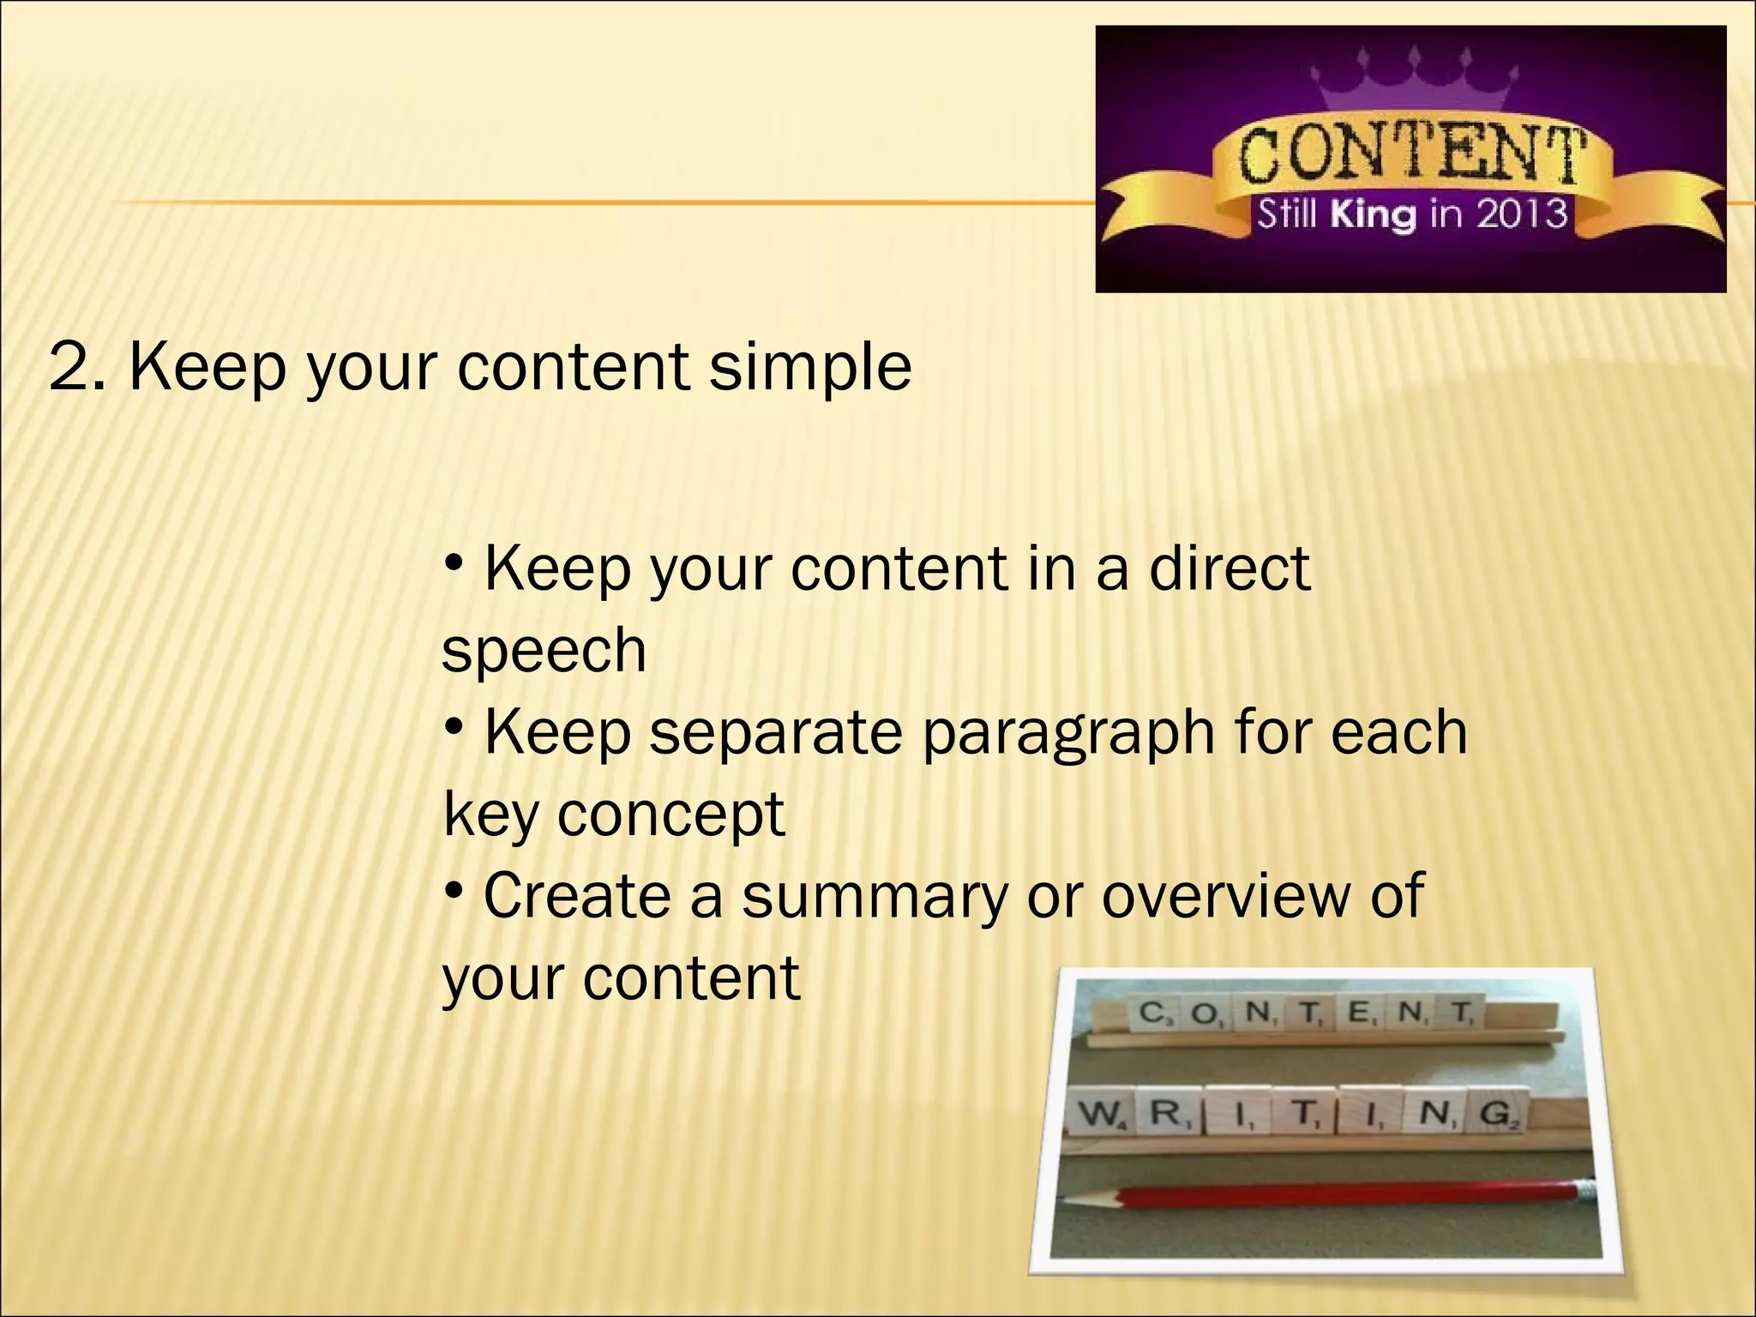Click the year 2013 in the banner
(1521, 213)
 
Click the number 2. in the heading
(77, 367)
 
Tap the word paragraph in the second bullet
(1068, 733)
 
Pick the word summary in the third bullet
(875, 896)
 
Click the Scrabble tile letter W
(1097, 1116)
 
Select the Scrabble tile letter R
(1166, 1115)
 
